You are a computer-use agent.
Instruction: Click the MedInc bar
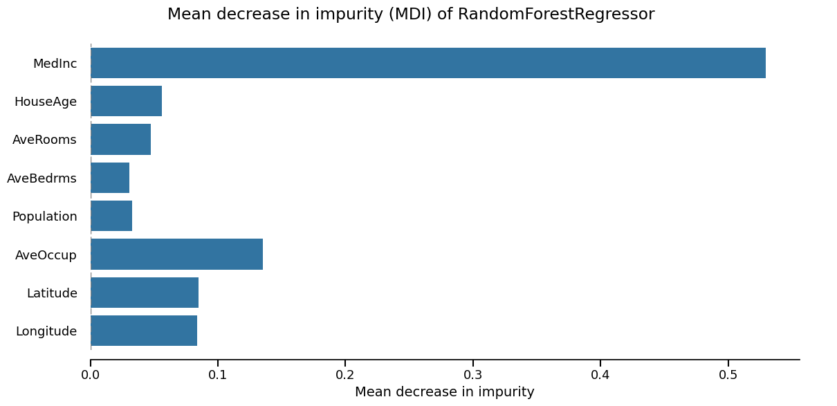[x=427, y=63]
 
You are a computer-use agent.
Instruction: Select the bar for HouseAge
[x=126, y=101]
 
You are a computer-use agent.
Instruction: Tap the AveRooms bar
[x=120, y=139]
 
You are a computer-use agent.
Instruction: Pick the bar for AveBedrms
[x=110, y=178]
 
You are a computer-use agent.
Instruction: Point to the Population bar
[x=111, y=216]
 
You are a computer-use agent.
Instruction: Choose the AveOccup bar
[x=176, y=254]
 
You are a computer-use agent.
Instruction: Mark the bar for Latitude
[x=145, y=293]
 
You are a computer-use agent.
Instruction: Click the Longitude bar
[x=144, y=331]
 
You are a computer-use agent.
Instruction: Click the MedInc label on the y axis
[x=55, y=64]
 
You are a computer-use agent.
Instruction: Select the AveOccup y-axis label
[x=46, y=255]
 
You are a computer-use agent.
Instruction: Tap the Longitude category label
[x=46, y=331]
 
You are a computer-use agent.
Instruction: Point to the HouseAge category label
[x=46, y=102]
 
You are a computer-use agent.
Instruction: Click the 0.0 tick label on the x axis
[x=91, y=375]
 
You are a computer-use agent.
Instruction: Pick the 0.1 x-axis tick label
[x=218, y=375]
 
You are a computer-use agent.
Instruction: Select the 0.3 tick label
[x=473, y=375]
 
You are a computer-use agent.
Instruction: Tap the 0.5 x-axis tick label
[x=728, y=375]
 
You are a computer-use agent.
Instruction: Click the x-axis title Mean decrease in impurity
[x=445, y=392]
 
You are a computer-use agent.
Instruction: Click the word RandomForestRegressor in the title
[x=556, y=15]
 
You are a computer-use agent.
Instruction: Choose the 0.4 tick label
[x=600, y=375]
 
